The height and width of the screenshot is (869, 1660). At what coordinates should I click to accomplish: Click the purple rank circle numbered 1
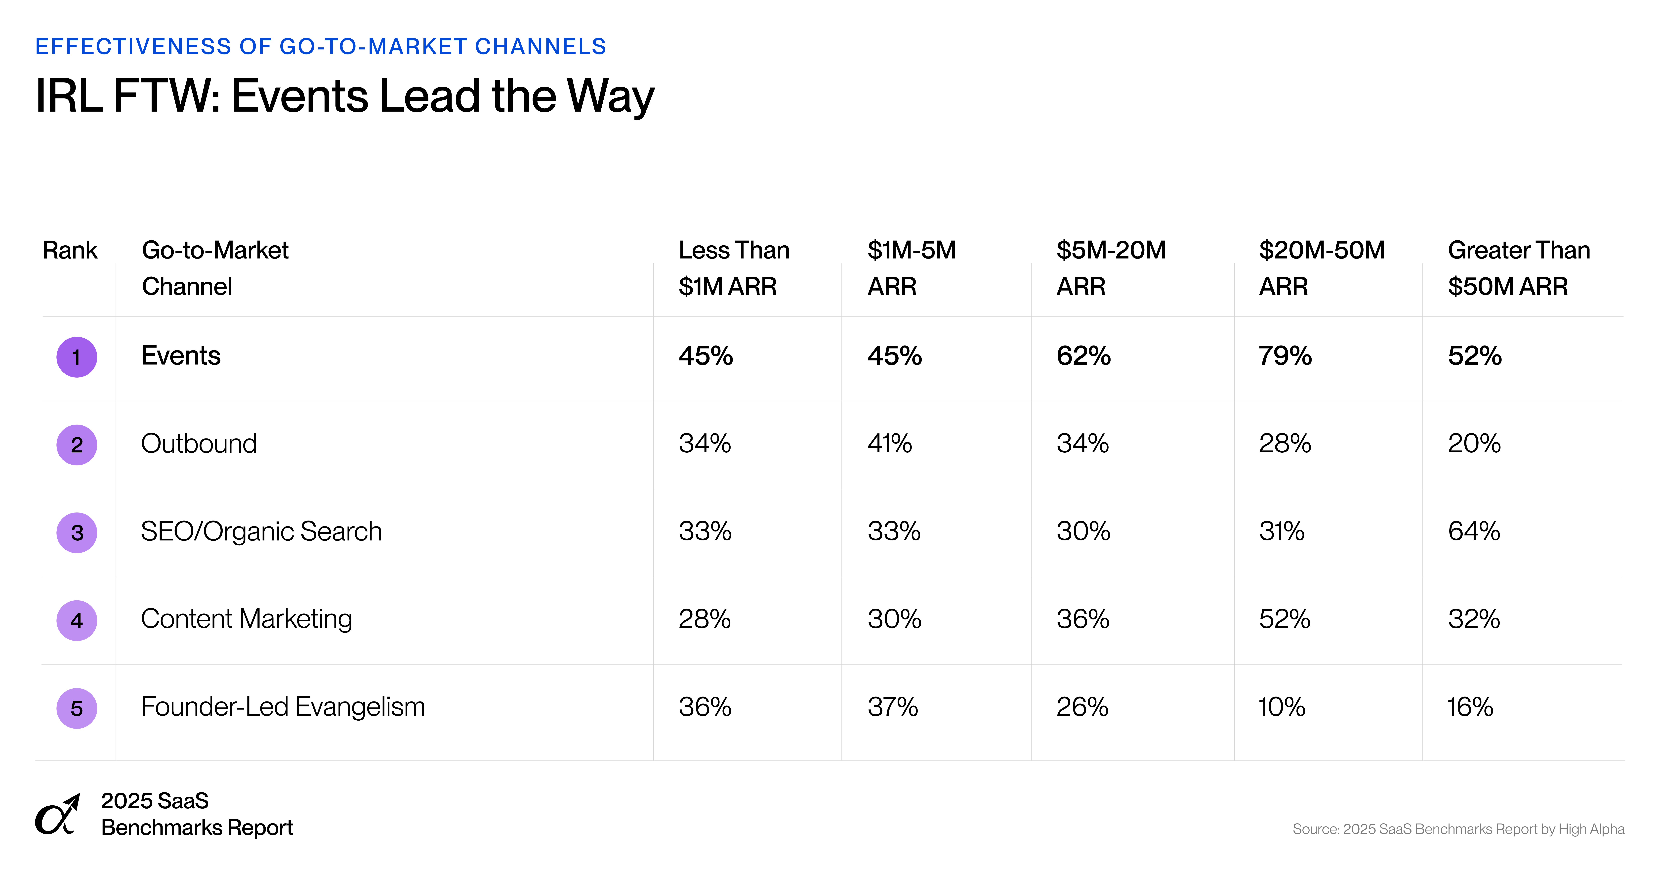(77, 357)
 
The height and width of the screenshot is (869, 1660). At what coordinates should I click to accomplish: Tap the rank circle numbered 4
(77, 620)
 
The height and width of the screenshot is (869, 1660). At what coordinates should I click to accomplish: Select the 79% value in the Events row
(1285, 356)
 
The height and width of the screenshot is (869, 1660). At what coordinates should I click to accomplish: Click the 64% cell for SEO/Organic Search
(1474, 531)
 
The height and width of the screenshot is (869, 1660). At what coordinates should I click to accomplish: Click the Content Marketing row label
(246, 619)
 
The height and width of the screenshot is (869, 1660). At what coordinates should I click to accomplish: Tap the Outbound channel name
(199, 443)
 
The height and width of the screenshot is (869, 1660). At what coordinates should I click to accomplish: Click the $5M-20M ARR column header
(1111, 267)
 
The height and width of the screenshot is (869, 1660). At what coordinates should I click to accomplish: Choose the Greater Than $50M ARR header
(1518, 267)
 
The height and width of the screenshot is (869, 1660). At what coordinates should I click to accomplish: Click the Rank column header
(70, 250)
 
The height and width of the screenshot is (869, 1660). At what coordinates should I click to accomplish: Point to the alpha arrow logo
(57, 815)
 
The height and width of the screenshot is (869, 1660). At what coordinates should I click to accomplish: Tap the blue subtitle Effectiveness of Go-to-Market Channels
(320, 46)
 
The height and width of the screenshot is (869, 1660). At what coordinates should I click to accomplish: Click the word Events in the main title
(300, 96)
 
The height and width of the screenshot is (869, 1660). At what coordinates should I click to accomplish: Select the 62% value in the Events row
(1083, 356)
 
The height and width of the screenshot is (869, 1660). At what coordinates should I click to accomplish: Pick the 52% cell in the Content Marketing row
(1284, 619)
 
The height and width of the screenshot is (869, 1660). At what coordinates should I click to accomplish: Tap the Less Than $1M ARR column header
(733, 267)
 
